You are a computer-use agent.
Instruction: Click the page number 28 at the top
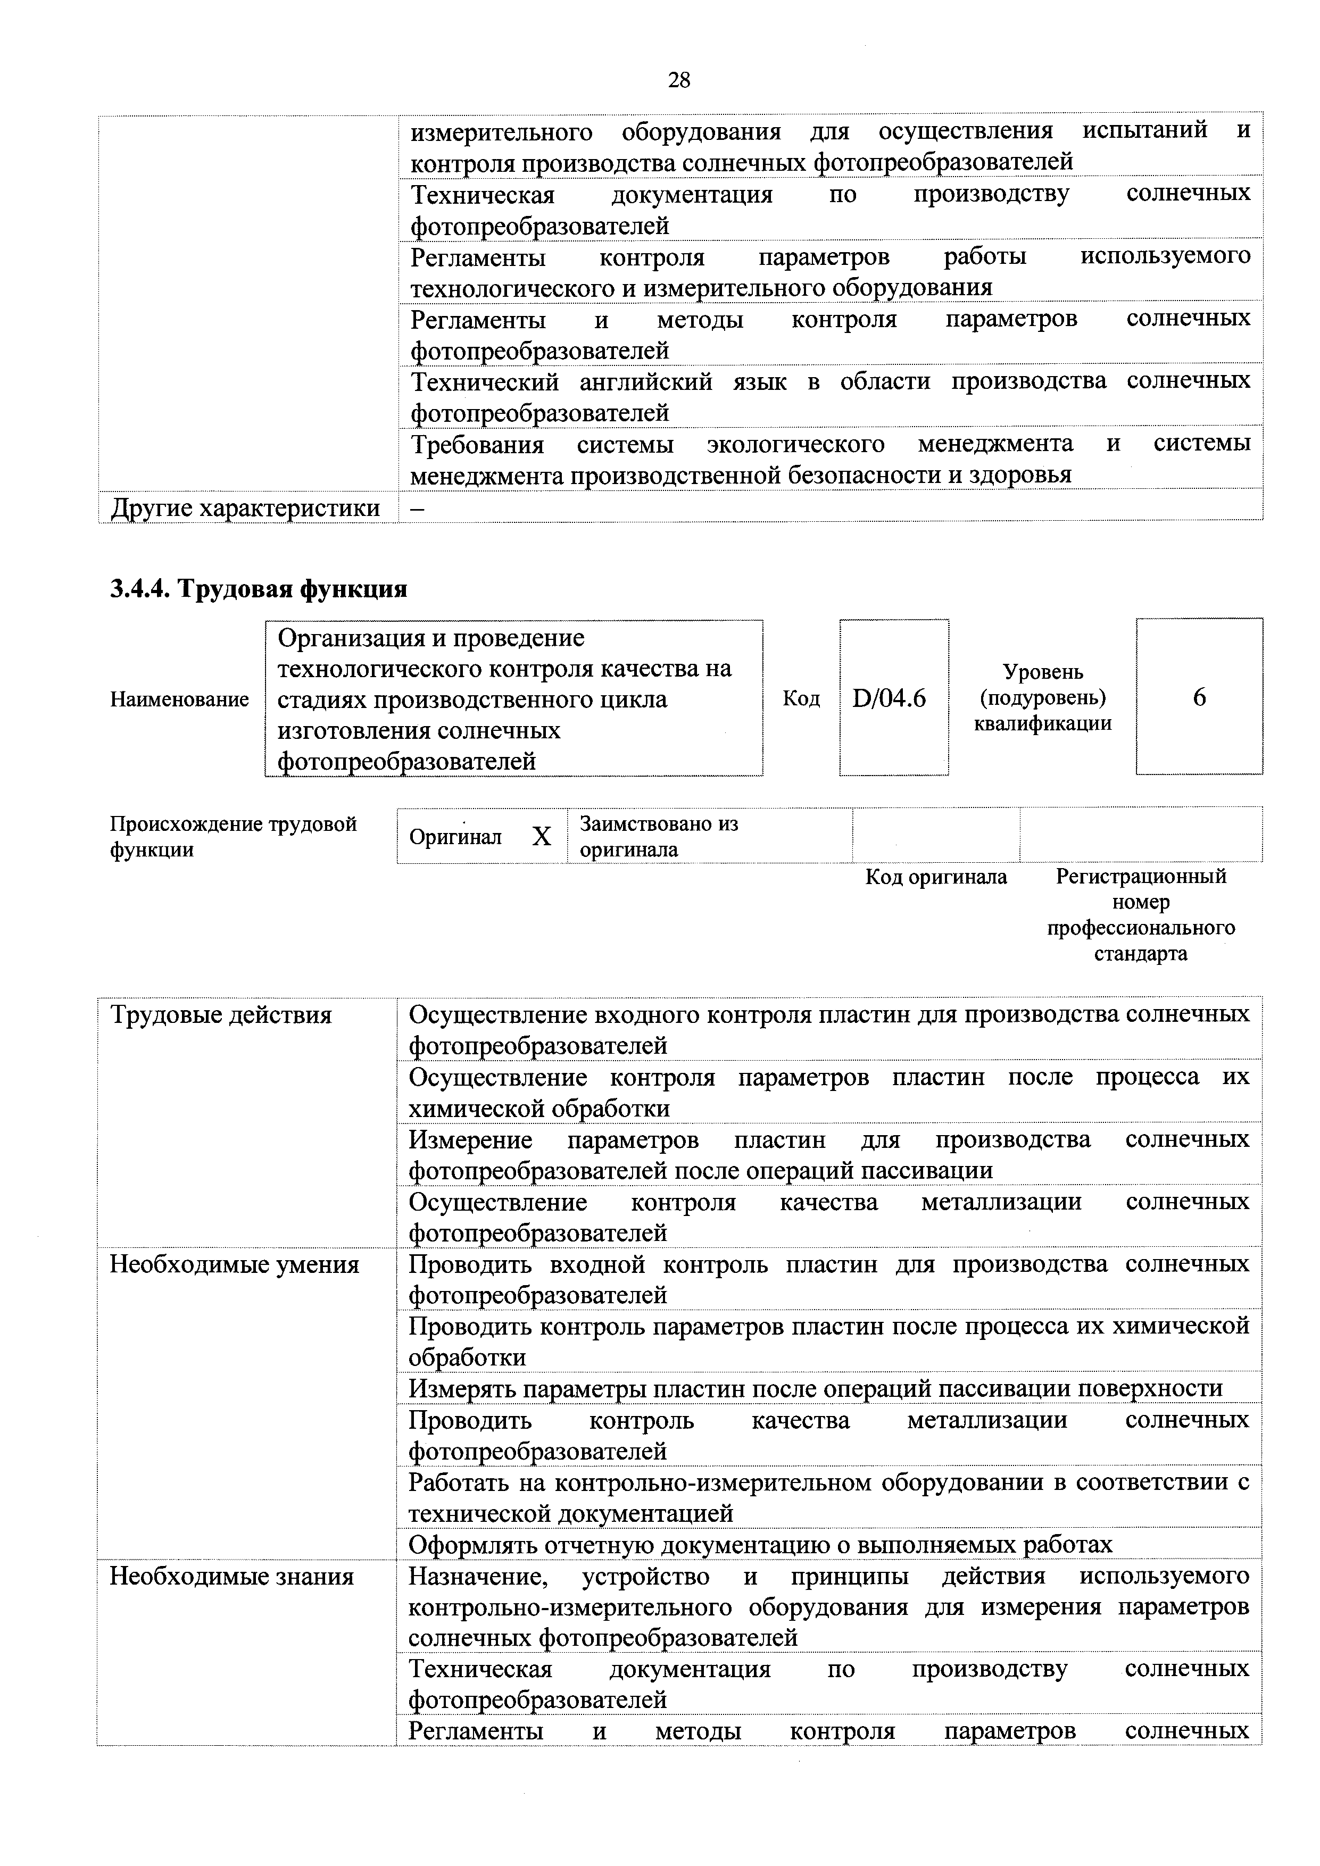(679, 80)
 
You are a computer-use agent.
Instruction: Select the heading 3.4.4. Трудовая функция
(259, 588)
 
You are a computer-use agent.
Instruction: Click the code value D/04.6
(889, 697)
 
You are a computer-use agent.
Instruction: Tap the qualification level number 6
(1199, 697)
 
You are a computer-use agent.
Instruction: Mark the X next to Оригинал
(541, 836)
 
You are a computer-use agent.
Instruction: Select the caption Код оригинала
(935, 877)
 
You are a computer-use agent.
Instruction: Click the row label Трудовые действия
(221, 1015)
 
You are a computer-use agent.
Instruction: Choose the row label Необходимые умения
(234, 1264)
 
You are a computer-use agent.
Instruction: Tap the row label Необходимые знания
(231, 1577)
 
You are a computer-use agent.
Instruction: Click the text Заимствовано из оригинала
(658, 836)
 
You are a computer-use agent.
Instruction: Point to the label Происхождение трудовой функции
(233, 836)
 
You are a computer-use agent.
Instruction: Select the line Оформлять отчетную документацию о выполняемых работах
(760, 1544)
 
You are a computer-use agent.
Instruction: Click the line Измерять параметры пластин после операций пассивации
(815, 1388)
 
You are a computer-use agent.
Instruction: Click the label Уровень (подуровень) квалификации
(1042, 697)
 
